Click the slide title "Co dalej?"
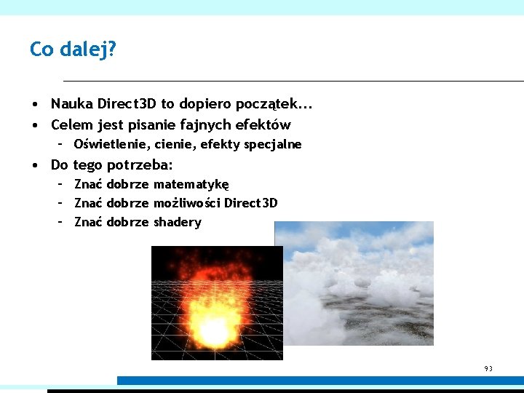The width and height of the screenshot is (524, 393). pyautogui.click(x=73, y=49)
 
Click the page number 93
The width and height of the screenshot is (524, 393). pyautogui.click(x=488, y=369)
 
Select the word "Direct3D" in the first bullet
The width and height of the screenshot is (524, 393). pyautogui.click(x=127, y=104)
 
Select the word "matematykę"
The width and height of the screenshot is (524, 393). pyautogui.click(x=191, y=185)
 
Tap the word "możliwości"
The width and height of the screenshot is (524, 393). pyautogui.click(x=187, y=203)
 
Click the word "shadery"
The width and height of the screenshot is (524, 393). pyautogui.click(x=177, y=222)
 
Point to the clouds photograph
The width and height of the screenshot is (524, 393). pyautogui.click(x=354, y=284)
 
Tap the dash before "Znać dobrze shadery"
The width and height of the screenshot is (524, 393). pyautogui.click(x=60, y=222)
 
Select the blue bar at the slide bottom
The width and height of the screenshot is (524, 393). pyautogui.click(x=320, y=381)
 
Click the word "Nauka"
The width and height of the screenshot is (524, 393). pyautogui.click(x=71, y=104)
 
